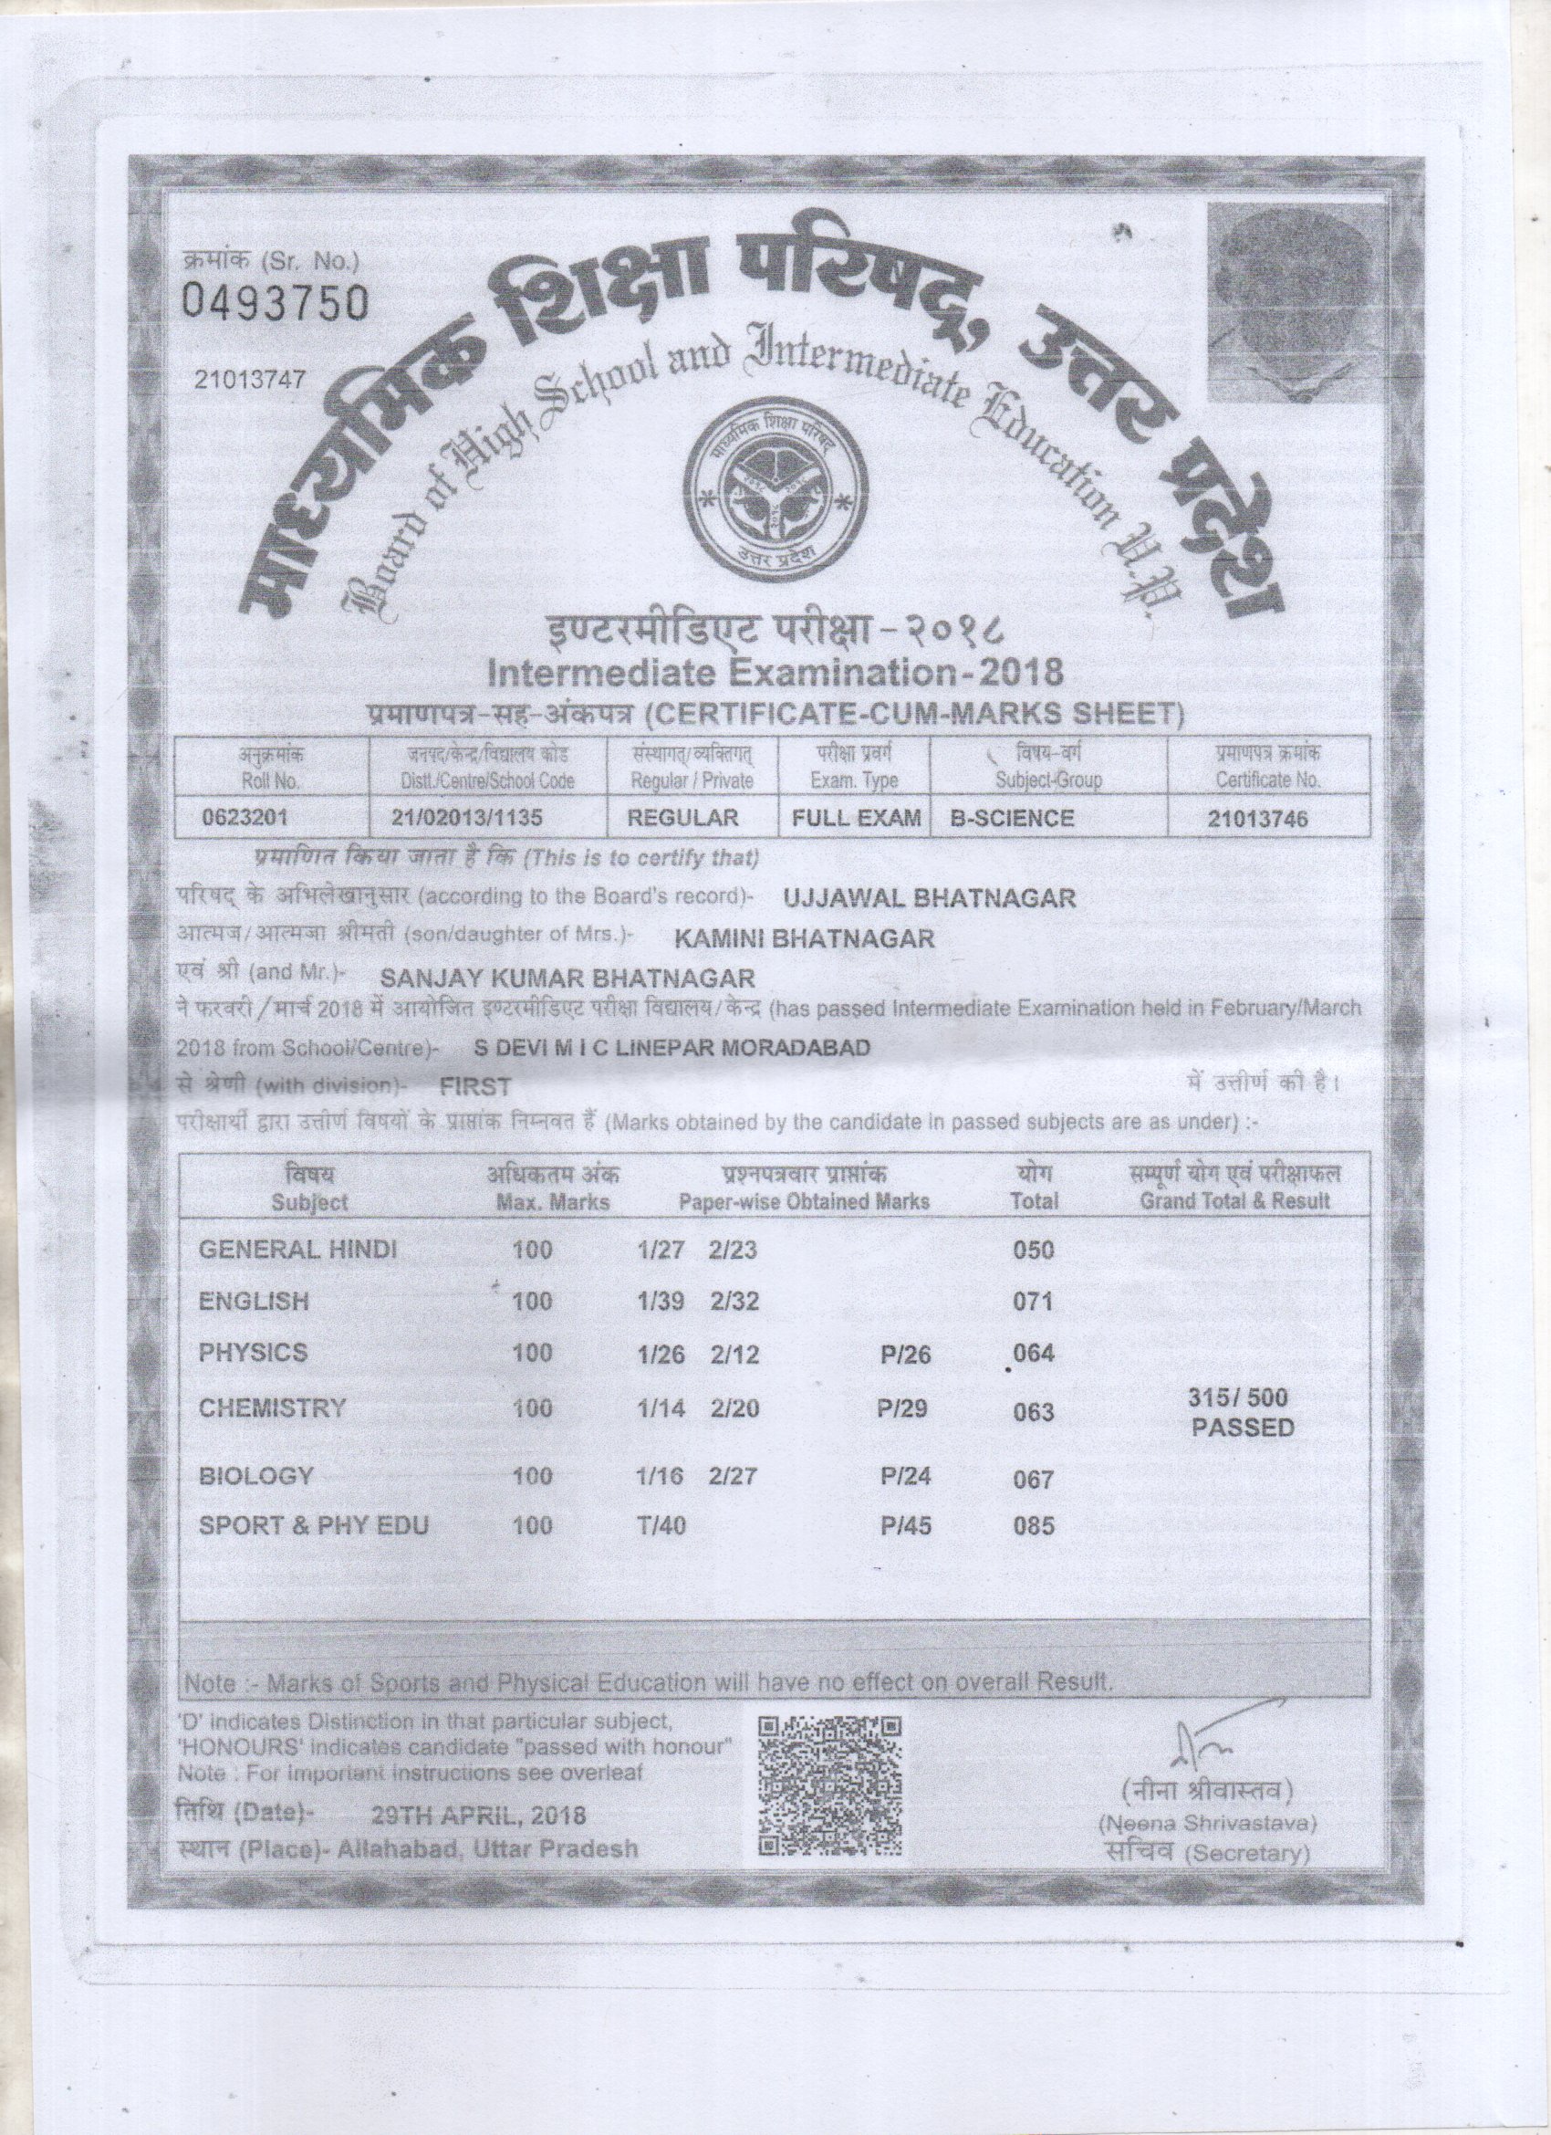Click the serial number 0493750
pyautogui.click(x=274, y=303)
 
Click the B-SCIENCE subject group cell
pyautogui.click(x=1011, y=818)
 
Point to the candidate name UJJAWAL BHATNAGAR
pyautogui.click(x=929, y=897)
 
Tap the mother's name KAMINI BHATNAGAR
pyautogui.click(x=805, y=937)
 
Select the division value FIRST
pyautogui.click(x=475, y=1087)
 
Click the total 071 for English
pyautogui.click(x=1033, y=1303)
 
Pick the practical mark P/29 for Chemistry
pyautogui.click(x=903, y=1408)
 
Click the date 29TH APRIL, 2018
pyautogui.click(x=479, y=1813)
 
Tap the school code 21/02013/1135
pyautogui.click(x=468, y=818)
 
